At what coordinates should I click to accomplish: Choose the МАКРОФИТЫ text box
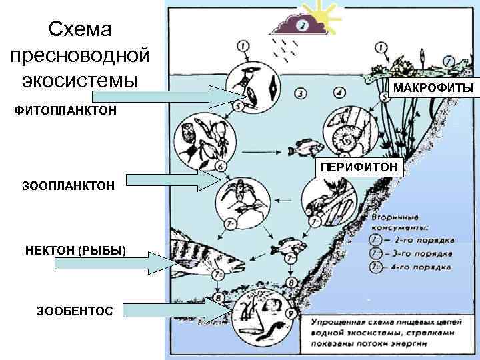click(x=433, y=89)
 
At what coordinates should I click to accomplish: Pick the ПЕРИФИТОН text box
click(x=359, y=166)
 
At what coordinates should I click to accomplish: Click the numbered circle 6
click(x=220, y=165)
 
